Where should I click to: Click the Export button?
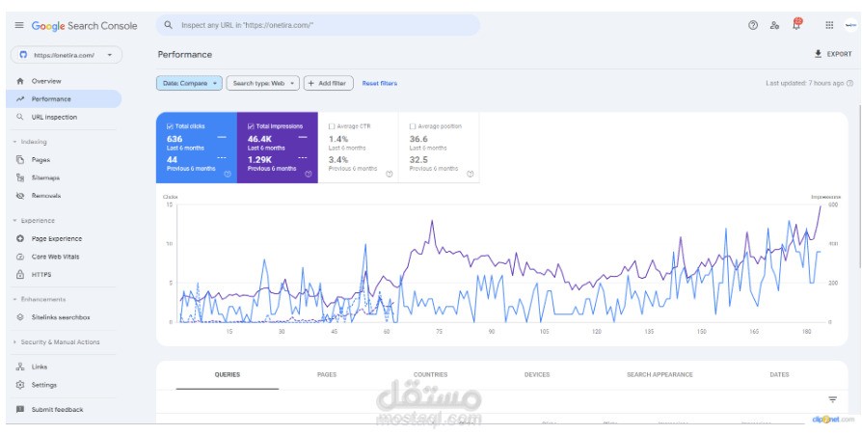(x=834, y=54)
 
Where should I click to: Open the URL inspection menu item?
(x=53, y=117)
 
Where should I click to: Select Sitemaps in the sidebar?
(x=45, y=177)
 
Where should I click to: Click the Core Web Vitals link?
(x=56, y=257)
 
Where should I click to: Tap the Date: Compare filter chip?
(x=189, y=84)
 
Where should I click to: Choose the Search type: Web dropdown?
(x=262, y=84)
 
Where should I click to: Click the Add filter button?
(x=328, y=84)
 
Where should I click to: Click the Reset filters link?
(x=379, y=84)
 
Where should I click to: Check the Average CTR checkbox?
(x=333, y=126)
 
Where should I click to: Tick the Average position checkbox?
(x=413, y=126)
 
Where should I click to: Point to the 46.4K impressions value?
(x=260, y=139)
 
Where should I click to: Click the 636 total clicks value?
(x=175, y=139)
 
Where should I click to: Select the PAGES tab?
(x=327, y=374)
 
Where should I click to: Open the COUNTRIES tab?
(x=430, y=374)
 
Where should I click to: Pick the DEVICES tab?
(x=537, y=374)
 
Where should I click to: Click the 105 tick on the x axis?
(x=544, y=331)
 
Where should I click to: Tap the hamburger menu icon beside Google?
(x=19, y=26)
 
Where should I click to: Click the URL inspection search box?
(x=318, y=25)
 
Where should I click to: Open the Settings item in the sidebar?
(x=43, y=385)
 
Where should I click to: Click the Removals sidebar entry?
(x=45, y=196)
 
